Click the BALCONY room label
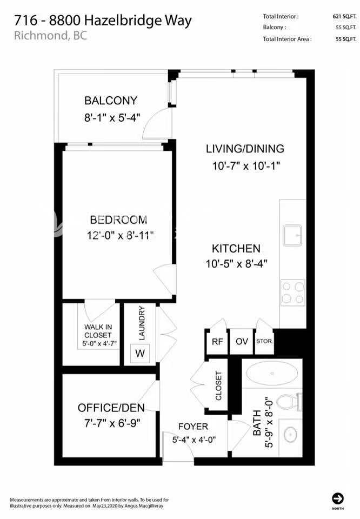(x=110, y=101)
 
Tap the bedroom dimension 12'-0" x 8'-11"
(x=120, y=235)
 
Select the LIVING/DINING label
(x=245, y=149)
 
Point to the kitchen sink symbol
(x=292, y=235)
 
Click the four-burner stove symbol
(x=293, y=293)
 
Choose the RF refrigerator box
(x=217, y=342)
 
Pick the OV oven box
(x=242, y=342)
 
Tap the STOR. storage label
(x=264, y=341)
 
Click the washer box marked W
(x=140, y=353)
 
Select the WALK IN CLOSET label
(x=98, y=331)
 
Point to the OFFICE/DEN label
(x=111, y=408)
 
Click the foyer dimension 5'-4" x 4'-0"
(x=194, y=440)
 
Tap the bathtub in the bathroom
(x=272, y=374)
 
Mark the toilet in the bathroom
(x=289, y=401)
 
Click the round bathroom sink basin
(x=290, y=434)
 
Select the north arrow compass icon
(x=337, y=498)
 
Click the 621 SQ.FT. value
(x=344, y=16)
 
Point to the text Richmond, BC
(x=50, y=36)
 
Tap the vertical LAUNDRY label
(x=142, y=323)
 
